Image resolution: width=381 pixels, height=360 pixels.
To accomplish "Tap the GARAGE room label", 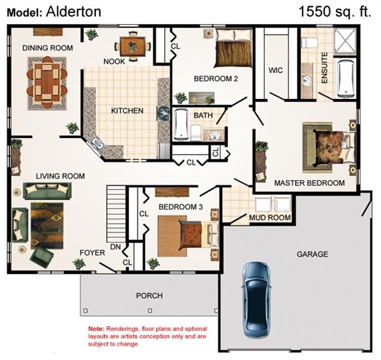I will click(x=313, y=254).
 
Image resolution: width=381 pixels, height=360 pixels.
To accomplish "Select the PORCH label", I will click(x=149, y=296).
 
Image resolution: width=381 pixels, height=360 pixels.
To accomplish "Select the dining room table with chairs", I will click(x=47, y=83).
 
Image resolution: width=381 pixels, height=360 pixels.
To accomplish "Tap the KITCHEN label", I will click(x=127, y=111).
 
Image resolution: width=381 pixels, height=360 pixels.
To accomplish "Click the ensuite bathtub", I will click(x=346, y=77).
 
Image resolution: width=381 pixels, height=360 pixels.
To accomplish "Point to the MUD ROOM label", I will click(x=270, y=218).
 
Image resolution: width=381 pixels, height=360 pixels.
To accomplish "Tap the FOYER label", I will click(x=92, y=253).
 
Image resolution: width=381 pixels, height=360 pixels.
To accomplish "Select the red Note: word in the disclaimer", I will click(x=95, y=329).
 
